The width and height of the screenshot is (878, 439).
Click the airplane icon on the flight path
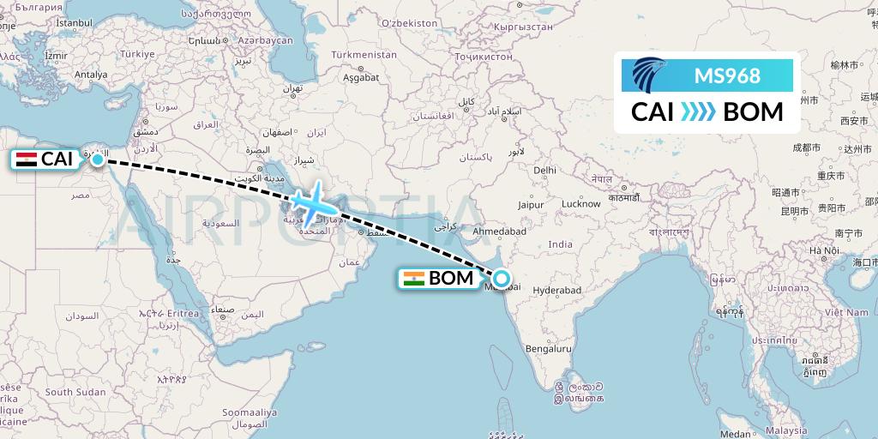[310, 201]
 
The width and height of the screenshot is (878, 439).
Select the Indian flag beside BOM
[414, 278]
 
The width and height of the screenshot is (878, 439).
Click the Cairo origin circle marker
[98, 159]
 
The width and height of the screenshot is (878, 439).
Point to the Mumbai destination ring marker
[501, 278]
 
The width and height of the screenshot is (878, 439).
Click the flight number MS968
[727, 76]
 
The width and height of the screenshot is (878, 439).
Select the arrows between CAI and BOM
[698, 112]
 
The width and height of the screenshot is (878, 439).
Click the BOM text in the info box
[753, 112]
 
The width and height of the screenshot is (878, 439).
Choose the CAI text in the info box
[652, 112]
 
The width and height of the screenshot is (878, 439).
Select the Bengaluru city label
[550, 349]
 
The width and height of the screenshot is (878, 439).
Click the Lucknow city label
[580, 204]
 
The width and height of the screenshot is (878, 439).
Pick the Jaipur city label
[532, 205]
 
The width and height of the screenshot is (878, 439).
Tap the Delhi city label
[544, 171]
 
